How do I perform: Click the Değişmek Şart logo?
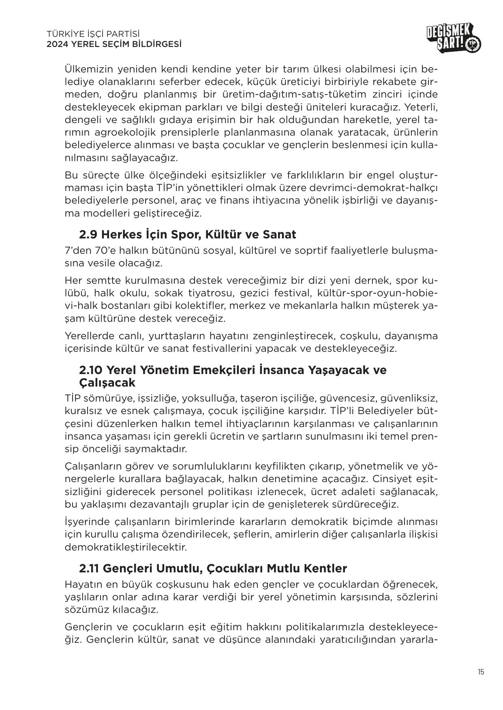454,38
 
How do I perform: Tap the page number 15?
480,672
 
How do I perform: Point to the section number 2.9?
88,234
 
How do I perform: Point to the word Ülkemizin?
88,68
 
